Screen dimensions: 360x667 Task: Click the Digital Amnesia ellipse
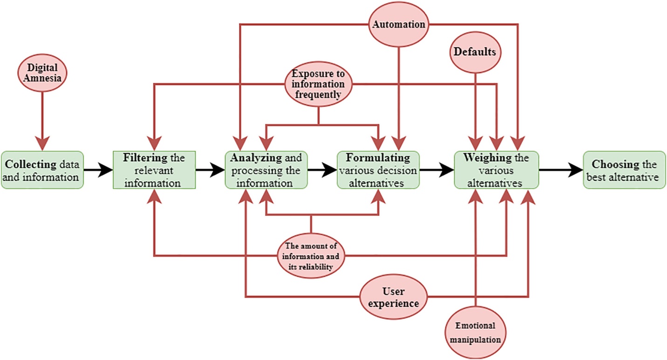pos(42,74)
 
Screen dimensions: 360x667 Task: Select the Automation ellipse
pos(398,24)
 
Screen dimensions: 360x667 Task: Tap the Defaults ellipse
pos(475,53)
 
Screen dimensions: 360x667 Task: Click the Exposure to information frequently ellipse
pos(319,84)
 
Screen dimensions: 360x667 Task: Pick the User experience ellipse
pos(394,298)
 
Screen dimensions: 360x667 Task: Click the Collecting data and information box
pos(42,170)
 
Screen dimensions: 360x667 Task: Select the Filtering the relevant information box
pos(154,170)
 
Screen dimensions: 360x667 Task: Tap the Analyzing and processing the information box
pos(265,170)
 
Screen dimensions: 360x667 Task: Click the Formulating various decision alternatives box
pos(377,170)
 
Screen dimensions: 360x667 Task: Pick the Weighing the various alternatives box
pos(497,170)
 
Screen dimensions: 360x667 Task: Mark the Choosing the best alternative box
pos(624,170)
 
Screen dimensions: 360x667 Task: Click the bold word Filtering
pos(139,158)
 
